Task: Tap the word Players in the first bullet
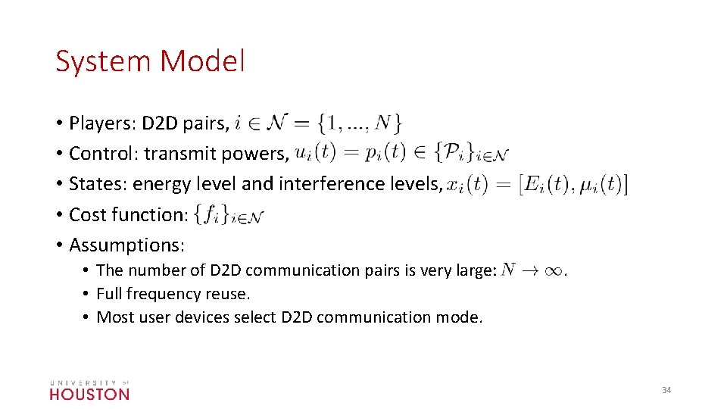98,123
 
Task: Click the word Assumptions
126,245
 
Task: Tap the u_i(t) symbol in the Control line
314,152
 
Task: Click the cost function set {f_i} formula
229,215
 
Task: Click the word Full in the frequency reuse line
110,294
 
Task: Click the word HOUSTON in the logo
89,394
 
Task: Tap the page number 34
666,390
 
